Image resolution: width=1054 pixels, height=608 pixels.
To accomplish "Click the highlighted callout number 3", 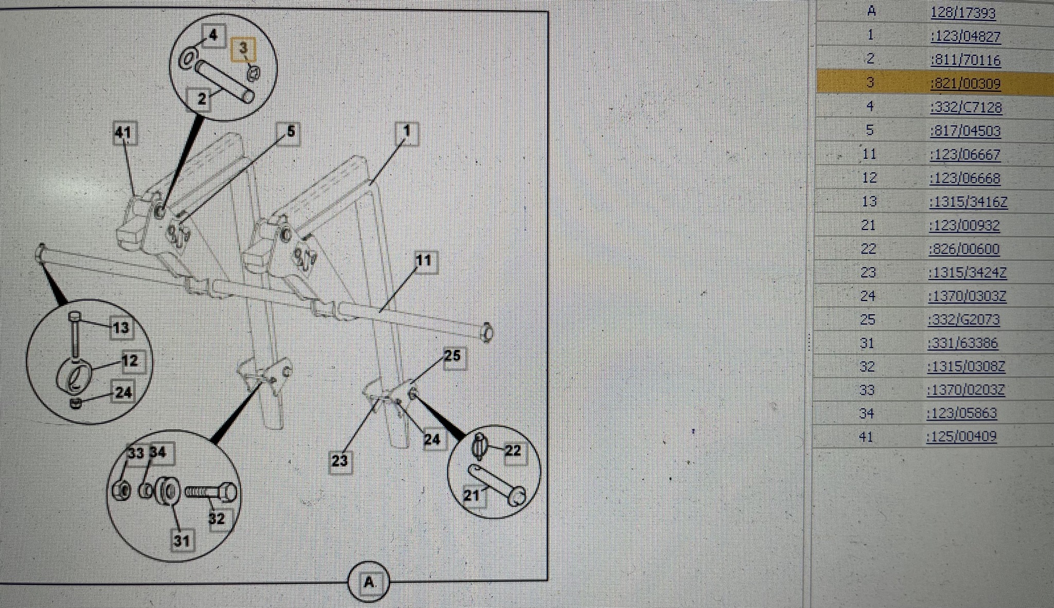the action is (243, 49).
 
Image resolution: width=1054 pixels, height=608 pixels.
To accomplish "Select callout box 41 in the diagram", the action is (124, 133).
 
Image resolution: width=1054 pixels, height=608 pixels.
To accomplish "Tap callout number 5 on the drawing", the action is (290, 132).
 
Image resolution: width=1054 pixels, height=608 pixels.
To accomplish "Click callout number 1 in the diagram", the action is (407, 132).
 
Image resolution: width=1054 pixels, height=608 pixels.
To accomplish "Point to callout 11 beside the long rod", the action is (424, 261).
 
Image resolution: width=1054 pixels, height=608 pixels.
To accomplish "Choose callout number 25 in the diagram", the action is (452, 356).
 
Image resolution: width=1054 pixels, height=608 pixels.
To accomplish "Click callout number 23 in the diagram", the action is (339, 460).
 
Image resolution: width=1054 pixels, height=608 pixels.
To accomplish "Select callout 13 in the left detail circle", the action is (121, 328).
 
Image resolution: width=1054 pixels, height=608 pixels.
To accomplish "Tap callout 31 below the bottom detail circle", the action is (182, 541).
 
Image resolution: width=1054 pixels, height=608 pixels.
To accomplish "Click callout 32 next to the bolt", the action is (217, 518).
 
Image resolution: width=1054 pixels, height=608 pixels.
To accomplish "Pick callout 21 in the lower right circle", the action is (472, 495).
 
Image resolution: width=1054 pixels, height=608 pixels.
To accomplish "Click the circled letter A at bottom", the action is (368, 582).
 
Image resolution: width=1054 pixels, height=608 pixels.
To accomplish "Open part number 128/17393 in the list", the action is (963, 13).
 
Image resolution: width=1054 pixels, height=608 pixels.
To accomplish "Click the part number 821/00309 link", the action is (965, 84).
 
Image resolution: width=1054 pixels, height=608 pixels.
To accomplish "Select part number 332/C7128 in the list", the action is (966, 108).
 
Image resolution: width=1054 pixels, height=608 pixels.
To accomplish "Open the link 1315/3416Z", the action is (968, 202).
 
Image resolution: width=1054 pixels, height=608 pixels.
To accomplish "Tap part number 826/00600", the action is (964, 249).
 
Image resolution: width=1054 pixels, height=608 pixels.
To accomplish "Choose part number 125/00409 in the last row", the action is (961, 437).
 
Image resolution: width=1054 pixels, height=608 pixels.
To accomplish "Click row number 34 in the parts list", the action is (867, 414).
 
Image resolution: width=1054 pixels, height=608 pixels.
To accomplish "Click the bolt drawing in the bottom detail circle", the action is (212, 492).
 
